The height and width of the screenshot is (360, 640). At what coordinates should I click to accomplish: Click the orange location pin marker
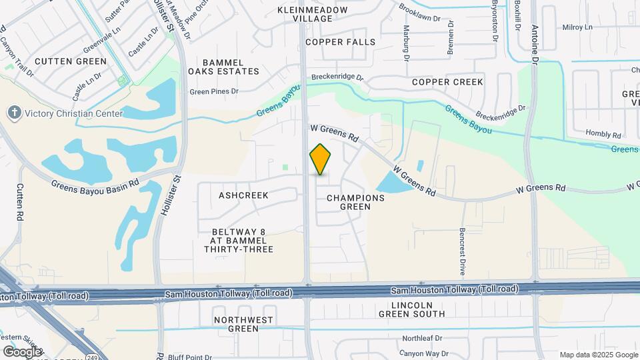321,159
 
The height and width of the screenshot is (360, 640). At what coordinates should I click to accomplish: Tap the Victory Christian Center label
74,113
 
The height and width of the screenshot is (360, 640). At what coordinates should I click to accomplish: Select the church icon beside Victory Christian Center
14,113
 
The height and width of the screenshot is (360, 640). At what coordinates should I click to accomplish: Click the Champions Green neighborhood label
355,202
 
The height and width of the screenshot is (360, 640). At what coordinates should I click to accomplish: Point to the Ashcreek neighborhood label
243,195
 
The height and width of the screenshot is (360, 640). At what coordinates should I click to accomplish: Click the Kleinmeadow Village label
313,14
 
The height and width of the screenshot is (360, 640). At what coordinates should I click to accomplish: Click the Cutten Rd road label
20,203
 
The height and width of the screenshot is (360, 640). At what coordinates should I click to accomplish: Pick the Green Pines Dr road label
214,91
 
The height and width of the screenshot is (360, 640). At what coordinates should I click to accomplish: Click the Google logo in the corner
21,351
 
